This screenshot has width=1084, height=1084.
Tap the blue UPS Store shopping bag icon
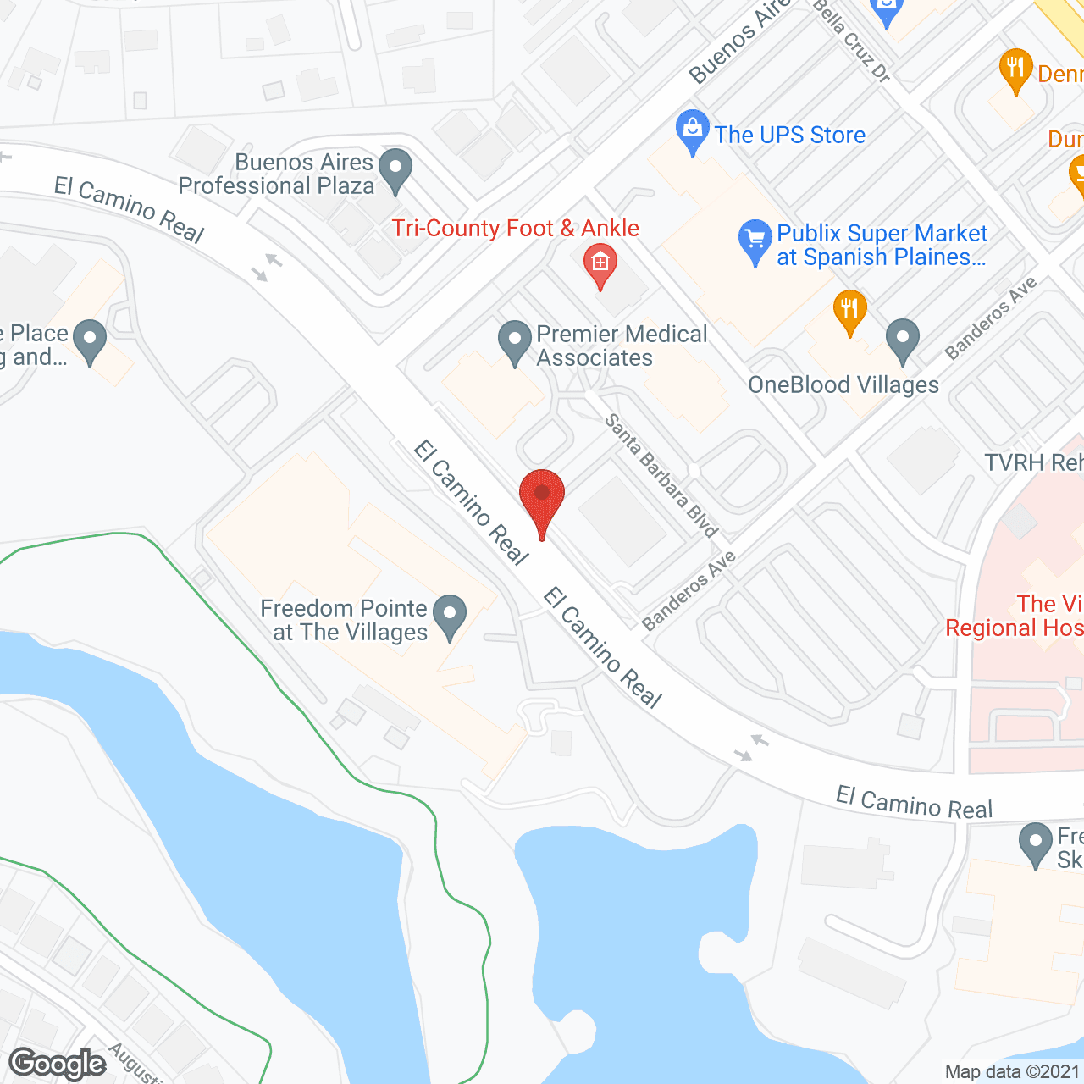click(693, 131)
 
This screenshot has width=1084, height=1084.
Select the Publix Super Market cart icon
click(754, 241)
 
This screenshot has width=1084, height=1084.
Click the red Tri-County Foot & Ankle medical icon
click(600, 264)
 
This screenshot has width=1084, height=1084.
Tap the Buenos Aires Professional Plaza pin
click(395, 169)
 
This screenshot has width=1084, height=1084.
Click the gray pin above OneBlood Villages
click(903, 339)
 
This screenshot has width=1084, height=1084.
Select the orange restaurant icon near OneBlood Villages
click(849, 311)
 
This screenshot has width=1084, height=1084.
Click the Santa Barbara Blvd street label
click(661, 474)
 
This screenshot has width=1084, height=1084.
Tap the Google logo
click(58, 1064)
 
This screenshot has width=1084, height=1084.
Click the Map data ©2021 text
click(1013, 1072)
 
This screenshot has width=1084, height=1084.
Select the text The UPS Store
click(789, 135)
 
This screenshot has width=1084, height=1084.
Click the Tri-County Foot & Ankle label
click(515, 229)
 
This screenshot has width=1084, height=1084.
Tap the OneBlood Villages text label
click(843, 385)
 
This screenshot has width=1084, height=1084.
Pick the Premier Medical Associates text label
click(622, 346)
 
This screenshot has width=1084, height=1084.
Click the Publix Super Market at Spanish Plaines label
click(882, 246)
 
